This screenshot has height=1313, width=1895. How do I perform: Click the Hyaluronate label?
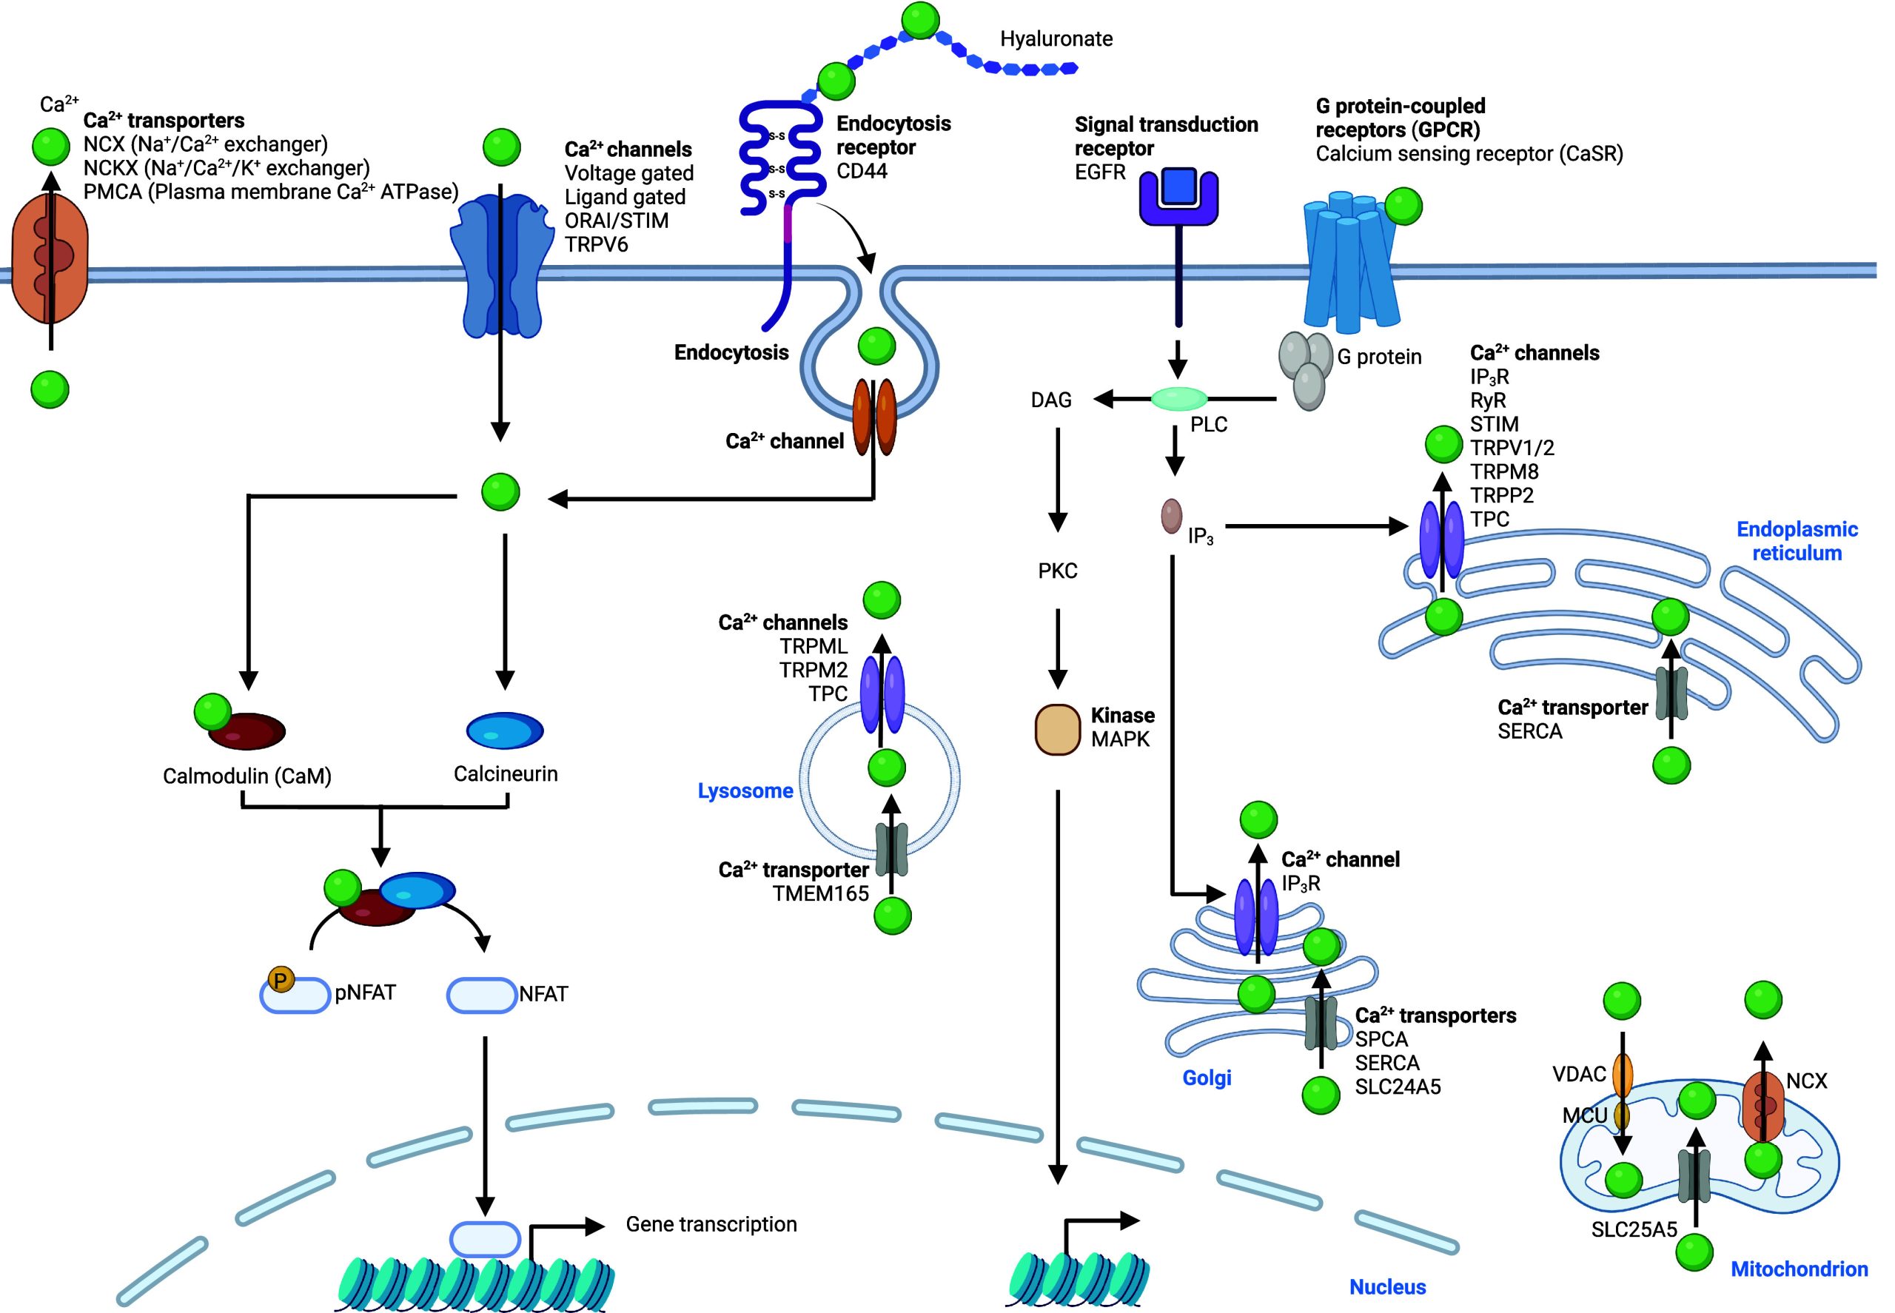click(x=1056, y=38)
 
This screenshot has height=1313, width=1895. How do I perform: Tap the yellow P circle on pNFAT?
click(x=281, y=980)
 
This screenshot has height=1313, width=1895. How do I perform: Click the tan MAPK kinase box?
click(x=1056, y=729)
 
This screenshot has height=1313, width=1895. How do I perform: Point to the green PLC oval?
click(x=1178, y=399)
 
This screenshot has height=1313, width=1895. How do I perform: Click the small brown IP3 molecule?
click(x=1171, y=516)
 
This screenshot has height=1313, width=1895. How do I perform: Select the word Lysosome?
click(x=745, y=790)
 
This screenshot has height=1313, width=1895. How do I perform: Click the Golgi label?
click(x=1207, y=1077)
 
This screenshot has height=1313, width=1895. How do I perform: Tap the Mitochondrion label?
click(x=1799, y=1269)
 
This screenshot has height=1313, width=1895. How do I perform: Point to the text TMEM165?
click(x=820, y=893)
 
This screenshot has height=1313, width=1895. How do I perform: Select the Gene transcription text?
click(x=711, y=1224)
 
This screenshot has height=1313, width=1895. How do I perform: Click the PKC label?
click(x=1057, y=571)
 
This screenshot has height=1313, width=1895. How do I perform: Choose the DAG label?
click(x=1051, y=400)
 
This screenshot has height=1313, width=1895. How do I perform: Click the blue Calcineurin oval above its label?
click(x=504, y=731)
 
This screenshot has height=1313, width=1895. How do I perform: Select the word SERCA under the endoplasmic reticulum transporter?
click(x=1529, y=731)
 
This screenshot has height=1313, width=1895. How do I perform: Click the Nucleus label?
click(x=1387, y=1286)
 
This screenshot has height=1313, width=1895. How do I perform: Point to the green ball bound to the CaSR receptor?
click(x=1403, y=206)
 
